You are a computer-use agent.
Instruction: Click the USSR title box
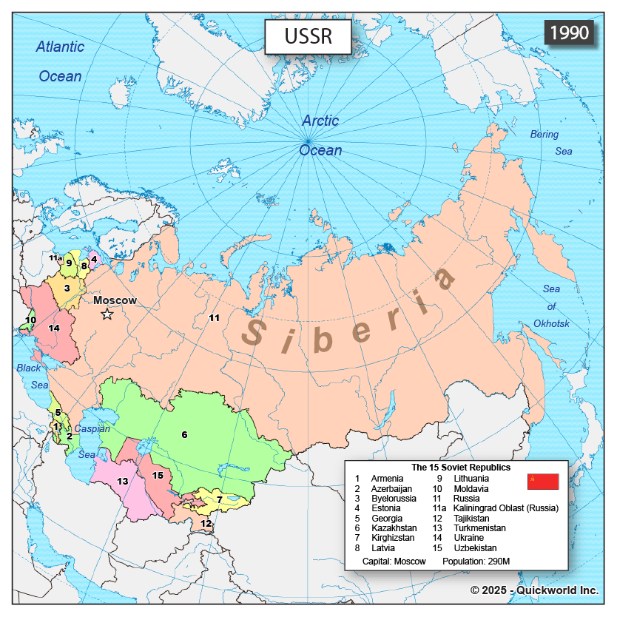pyautogui.click(x=308, y=36)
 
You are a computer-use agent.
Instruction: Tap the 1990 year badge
pyautogui.click(x=569, y=33)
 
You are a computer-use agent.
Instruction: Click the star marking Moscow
pyautogui.click(x=107, y=314)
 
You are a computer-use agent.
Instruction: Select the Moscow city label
pyautogui.click(x=115, y=300)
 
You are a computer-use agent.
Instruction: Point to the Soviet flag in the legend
pyautogui.click(x=542, y=482)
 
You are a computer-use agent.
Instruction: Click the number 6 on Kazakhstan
pyautogui.click(x=184, y=434)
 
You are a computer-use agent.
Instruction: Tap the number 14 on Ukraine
pyautogui.click(x=54, y=328)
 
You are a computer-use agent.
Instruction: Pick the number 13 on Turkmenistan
pyautogui.click(x=123, y=482)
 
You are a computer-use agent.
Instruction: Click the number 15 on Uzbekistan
pyautogui.click(x=157, y=475)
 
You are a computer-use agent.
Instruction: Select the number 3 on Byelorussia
pyautogui.click(x=67, y=288)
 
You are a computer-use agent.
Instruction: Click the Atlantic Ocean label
pyautogui.click(x=60, y=61)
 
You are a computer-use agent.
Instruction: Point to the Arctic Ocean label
pyautogui.click(x=320, y=135)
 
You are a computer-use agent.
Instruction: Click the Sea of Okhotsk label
pyautogui.click(x=551, y=306)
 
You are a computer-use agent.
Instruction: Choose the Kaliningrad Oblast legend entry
pyautogui.click(x=495, y=508)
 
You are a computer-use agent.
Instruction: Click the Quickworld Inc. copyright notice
pyautogui.click(x=534, y=590)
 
